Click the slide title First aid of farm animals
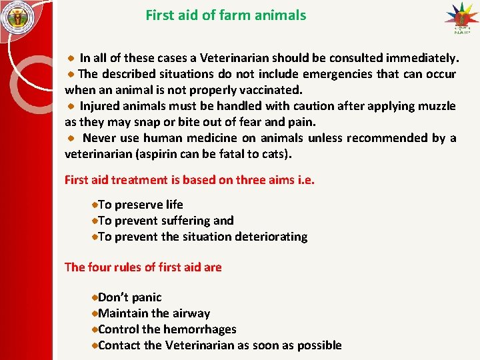226,15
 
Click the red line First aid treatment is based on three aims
189,180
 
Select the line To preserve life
140,205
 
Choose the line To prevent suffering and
165,221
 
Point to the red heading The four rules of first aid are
143,267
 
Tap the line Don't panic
129,297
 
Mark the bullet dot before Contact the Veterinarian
95,345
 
